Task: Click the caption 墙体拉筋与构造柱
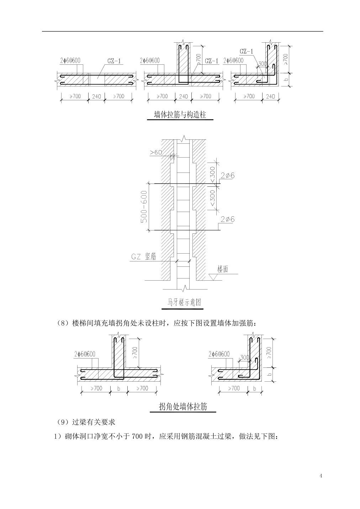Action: pos(180,115)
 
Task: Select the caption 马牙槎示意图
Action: pos(184,302)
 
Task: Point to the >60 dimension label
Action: pos(156,152)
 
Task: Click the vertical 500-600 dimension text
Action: pos(144,207)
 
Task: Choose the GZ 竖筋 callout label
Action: pos(144,256)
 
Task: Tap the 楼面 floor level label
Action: pos(222,269)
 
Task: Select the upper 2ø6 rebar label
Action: pos(228,175)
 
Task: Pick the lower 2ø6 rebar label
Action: pos(228,219)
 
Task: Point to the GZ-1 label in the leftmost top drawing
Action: pos(114,61)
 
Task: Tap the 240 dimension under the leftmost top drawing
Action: pos(96,96)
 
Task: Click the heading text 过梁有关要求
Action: pos(94,422)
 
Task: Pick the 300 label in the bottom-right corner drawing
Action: pos(245,357)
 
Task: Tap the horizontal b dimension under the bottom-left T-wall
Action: pos(119,389)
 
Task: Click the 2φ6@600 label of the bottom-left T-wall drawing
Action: pos(85,354)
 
